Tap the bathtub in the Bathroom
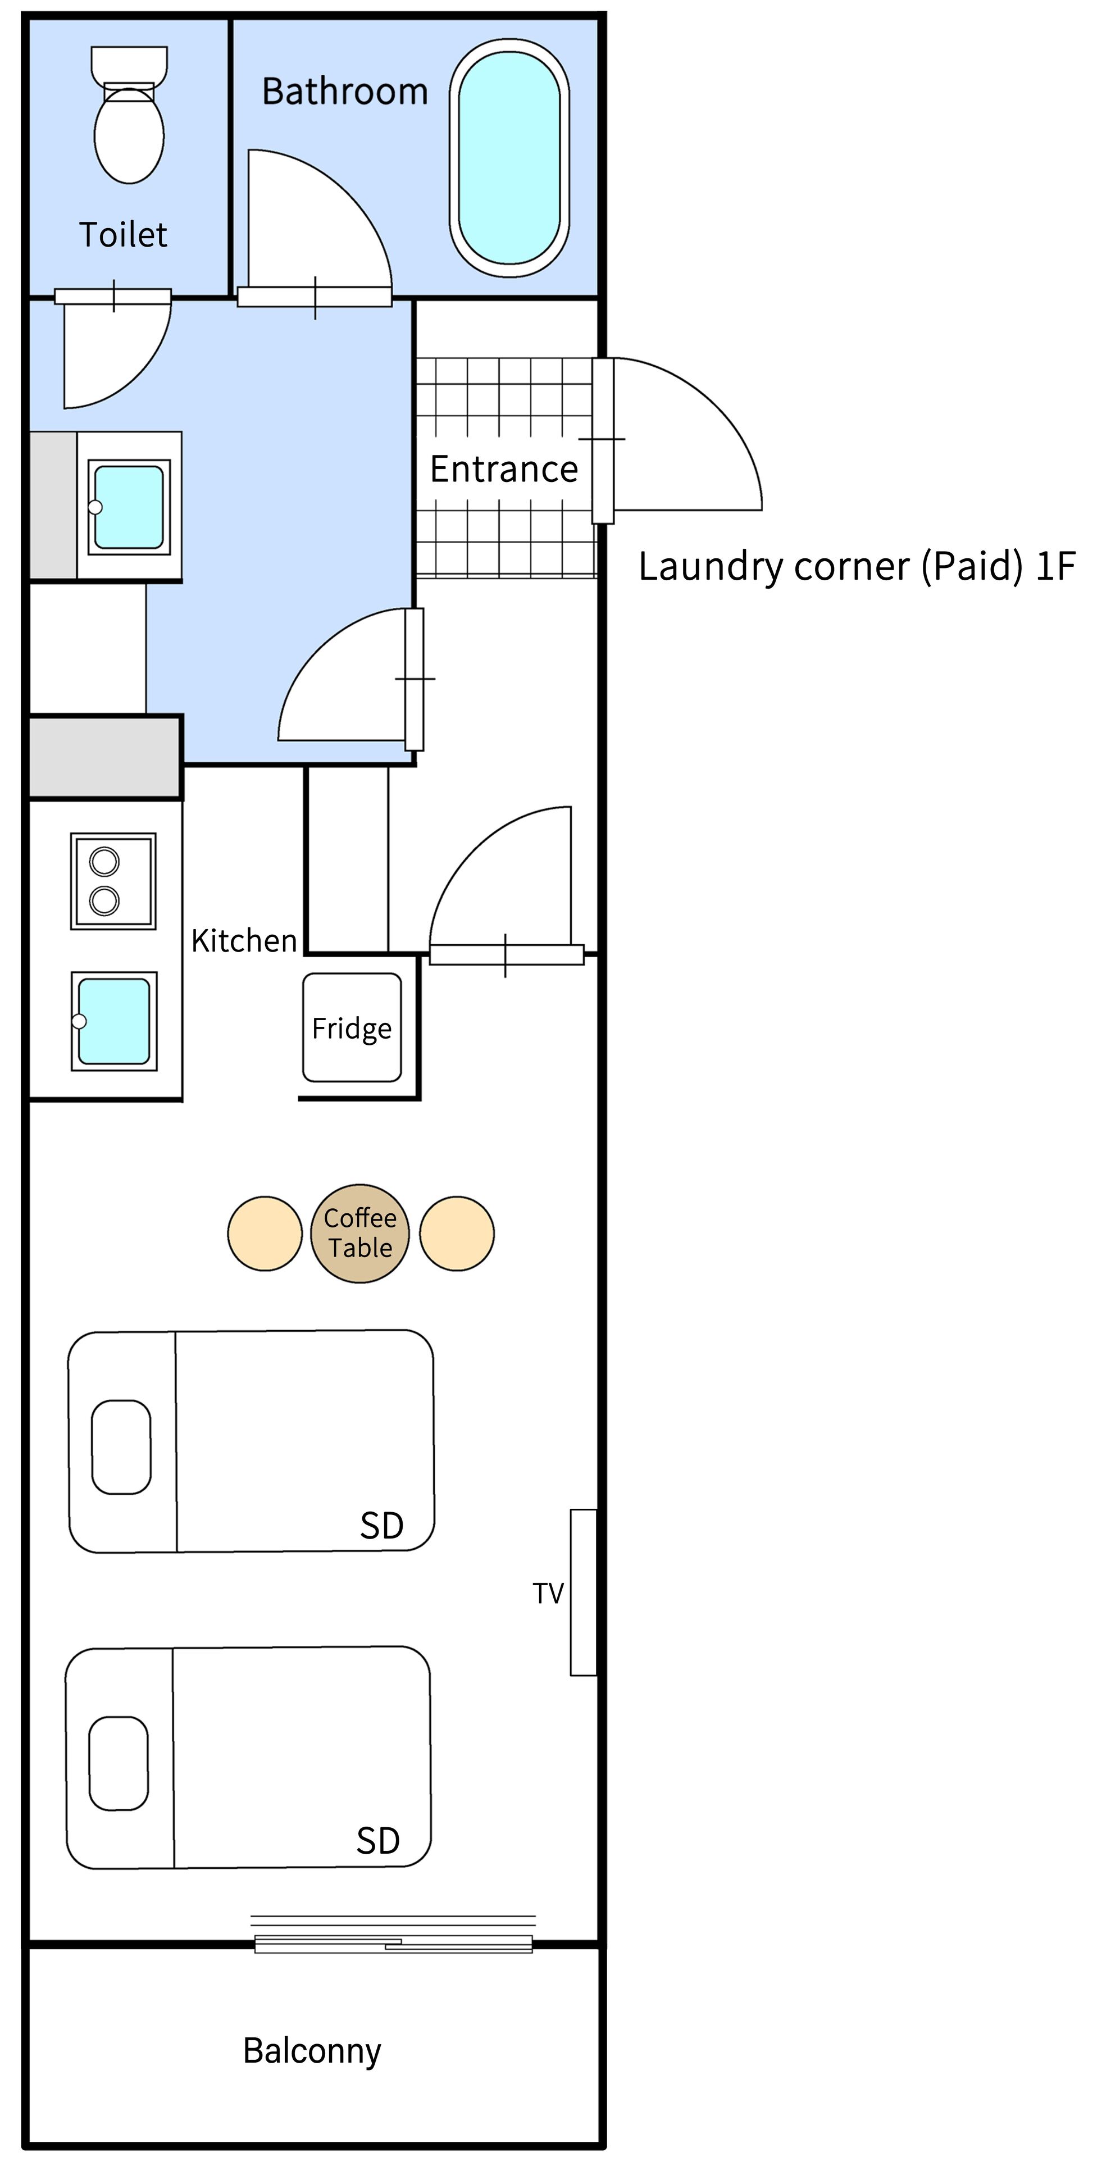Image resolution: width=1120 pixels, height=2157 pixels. [509, 157]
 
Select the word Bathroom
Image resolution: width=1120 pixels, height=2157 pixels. [345, 91]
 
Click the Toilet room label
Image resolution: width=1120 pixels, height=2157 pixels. [123, 235]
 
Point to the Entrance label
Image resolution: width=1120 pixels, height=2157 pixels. [504, 470]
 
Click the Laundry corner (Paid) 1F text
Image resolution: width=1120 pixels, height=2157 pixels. [857, 567]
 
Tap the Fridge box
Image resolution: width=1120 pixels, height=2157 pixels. [352, 1027]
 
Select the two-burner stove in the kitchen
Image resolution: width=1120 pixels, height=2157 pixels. [113, 881]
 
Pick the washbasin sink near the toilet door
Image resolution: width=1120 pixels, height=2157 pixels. [129, 507]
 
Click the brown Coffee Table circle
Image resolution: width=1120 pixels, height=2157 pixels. [360, 1234]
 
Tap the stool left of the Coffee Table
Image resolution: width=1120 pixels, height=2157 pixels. [265, 1234]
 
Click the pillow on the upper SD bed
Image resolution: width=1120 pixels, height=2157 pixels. [121, 1447]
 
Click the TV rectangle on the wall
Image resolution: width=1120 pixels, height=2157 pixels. [584, 1592]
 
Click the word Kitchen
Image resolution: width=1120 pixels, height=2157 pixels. [244, 941]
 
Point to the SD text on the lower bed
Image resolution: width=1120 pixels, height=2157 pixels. [379, 1841]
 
